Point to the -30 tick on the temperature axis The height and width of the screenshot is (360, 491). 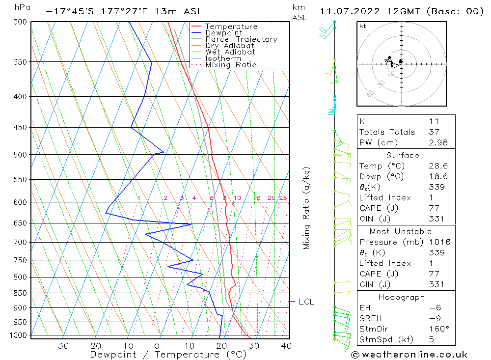(x=60, y=346)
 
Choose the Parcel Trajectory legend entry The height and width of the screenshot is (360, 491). (x=241, y=39)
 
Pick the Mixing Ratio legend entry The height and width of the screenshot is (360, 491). (x=231, y=64)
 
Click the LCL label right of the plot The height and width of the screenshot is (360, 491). (x=306, y=302)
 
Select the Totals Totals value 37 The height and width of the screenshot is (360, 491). (x=434, y=132)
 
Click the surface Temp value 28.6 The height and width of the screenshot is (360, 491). (x=437, y=166)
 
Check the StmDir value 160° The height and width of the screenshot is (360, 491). (x=437, y=329)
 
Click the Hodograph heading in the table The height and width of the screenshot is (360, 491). (x=402, y=297)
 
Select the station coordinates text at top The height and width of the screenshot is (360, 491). (x=123, y=11)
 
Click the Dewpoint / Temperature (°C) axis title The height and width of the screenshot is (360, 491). (x=168, y=355)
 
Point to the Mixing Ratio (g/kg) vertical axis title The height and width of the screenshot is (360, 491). (x=307, y=208)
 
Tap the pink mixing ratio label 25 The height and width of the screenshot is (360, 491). (x=283, y=198)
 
